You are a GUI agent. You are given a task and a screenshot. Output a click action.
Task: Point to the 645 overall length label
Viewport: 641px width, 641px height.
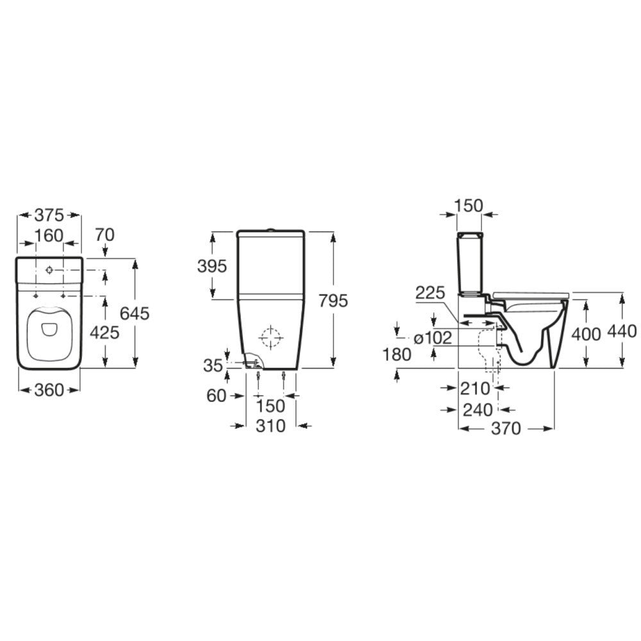[x=135, y=313]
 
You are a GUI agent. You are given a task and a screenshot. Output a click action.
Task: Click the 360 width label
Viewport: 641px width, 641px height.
[x=49, y=390]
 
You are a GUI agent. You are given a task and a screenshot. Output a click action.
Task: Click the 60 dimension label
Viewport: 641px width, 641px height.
[x=217, y=396]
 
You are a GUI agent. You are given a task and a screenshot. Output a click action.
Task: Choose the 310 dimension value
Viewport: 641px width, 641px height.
[x=270, y=426]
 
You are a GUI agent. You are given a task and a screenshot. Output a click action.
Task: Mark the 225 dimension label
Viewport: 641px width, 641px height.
[x=430, y=294]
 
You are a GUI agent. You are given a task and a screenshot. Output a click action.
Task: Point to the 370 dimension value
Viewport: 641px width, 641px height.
[x=506, y=429]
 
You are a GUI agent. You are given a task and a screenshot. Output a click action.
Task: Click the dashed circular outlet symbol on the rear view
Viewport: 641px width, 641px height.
[x=270, y=338]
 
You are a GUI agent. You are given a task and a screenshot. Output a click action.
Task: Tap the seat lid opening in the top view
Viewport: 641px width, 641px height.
[x=49, y=328]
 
